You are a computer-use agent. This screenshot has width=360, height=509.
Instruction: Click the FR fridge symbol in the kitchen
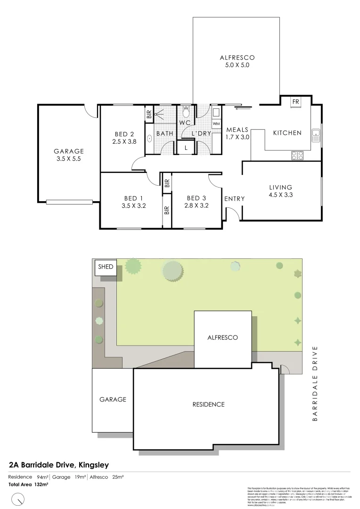point(296,102)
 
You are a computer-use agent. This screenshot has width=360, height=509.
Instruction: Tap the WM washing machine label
point(216,123)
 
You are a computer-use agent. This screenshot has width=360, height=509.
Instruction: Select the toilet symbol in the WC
point(186,112)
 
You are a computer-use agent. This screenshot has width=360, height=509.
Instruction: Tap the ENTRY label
point(235,199)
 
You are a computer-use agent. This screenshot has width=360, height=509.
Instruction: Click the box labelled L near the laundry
point(187,148)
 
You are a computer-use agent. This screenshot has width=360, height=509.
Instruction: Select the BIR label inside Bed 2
point(149,114)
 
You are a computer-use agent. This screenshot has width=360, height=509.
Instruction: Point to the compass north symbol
point(17,499)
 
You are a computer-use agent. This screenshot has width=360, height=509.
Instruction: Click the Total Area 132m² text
point(28,484)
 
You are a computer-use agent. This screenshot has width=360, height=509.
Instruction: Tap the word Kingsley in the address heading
point(93,465)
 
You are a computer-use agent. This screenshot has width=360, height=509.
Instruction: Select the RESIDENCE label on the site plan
point(208,404)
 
